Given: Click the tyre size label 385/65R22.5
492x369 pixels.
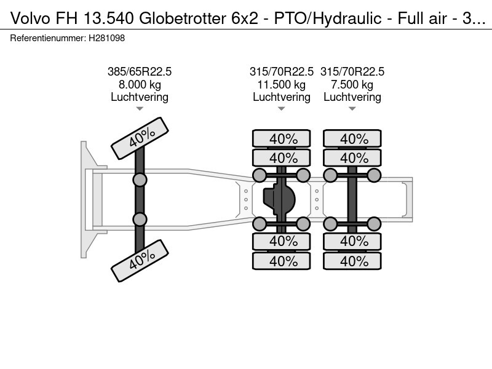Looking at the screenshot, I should pyautogui.click(x=140, y=72).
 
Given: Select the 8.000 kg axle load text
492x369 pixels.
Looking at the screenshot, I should pyautogui.click(x=140, y=84).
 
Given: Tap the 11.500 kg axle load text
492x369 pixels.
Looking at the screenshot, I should pyautogui.click(x=282, y=84).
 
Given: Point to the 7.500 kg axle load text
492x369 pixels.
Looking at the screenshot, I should pyautogui.click(x=352, y=84).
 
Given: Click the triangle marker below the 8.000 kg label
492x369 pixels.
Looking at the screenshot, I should pyautogui.click(x=140, y=109).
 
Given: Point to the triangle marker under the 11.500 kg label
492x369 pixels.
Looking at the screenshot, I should pyautogui.click(x=282, y=109).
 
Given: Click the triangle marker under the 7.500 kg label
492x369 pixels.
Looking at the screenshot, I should pyautogui.click(x=352, y=109).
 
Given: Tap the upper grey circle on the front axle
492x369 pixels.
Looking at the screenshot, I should pyautogui.click(x=140, y=180).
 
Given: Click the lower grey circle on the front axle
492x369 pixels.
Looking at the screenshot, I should pyautogui.click(x=140, y=219).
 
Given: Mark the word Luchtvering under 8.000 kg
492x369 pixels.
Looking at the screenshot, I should pyautogui.click(x=140, y=97).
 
